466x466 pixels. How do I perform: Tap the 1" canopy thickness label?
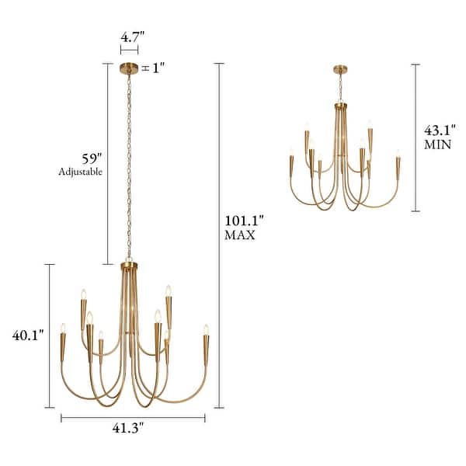(x=158, y=68)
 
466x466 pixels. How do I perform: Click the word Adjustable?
(x=81, y=171)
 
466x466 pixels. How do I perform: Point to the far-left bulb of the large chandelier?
(x=63, y=329)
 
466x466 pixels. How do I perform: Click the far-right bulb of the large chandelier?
(x=206, y=329)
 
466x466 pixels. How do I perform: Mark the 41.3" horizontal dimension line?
(x=133, y=418)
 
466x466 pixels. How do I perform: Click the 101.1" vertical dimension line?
(x=219, y=233)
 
